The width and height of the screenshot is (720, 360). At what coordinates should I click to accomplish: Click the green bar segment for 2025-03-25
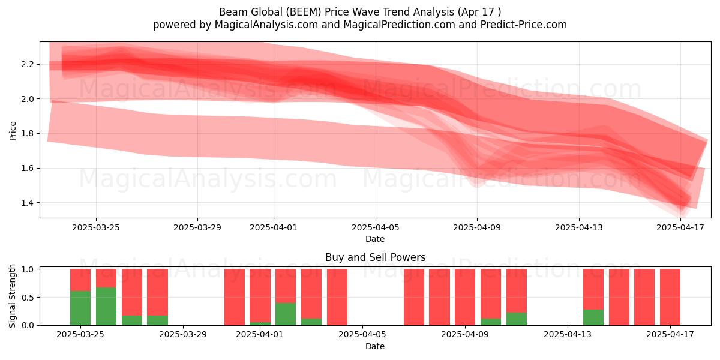(80, 308)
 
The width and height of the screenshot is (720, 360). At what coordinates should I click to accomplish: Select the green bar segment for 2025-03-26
(106, 306)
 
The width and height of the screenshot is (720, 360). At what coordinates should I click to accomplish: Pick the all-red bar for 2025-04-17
(670, 297)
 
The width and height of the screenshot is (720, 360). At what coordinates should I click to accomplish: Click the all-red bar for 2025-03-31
(235, 297)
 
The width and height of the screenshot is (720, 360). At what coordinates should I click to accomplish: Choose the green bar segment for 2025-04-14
(593, 317)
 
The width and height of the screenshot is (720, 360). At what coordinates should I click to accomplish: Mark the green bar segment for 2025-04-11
(517, 319)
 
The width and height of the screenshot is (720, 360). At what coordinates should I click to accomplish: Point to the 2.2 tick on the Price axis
(38, 64)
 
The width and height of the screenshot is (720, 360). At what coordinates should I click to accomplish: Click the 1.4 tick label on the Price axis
(28, 203)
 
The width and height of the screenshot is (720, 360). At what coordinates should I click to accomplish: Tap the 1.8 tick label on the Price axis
(28, 133)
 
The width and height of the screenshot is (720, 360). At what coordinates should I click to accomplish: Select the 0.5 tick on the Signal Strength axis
(38, 298)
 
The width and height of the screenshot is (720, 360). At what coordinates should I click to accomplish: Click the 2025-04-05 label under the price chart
(376, 227)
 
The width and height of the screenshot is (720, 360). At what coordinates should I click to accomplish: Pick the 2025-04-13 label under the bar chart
(568, 335)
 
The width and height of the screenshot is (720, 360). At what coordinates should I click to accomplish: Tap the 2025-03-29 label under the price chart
(197, 227)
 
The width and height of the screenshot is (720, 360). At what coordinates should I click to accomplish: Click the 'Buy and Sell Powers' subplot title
(376, 257)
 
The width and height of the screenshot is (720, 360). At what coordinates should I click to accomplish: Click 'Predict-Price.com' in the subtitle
(524, 25)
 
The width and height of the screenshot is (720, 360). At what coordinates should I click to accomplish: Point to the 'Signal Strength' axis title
(12, 296)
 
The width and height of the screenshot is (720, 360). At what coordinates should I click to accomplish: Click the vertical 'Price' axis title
(13, 131)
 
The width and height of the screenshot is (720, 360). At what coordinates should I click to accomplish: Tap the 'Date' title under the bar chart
(375, 346)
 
